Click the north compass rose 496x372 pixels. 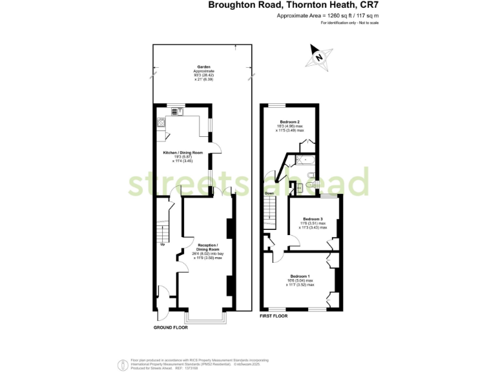(318, 56)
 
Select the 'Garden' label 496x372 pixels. (205, 66)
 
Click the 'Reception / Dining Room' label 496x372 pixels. (208, 248)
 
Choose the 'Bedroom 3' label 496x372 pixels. (313, 219)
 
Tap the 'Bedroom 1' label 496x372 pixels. (300, 276)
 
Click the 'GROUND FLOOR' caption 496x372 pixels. (170, 327)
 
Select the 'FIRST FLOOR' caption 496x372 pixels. (273, 316)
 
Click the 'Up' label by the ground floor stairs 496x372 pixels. (162, 244)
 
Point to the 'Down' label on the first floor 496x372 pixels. (268, 192)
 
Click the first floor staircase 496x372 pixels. (269, 213)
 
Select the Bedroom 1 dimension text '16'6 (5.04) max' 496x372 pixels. (300, 281)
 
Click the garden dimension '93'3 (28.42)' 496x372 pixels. (205, 75)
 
